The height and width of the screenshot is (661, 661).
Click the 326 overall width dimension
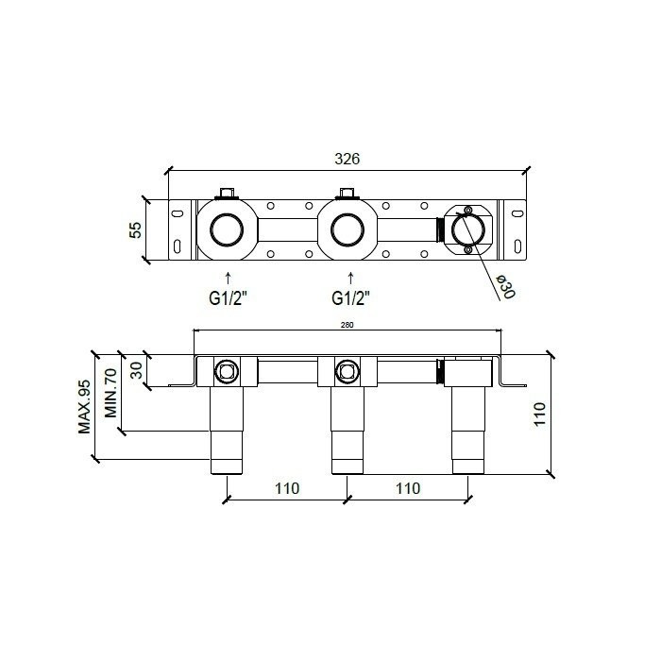pos(347,160)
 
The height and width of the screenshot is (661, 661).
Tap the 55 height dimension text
pos(135,229)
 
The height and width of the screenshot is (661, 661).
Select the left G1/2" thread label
pos(229,298)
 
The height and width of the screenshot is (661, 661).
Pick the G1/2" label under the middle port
pos(350,298)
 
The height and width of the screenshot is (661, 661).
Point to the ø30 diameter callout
pos(504,286)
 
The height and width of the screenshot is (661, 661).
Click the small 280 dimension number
pos(347,325)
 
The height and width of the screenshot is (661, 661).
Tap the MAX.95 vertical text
pos(85,406)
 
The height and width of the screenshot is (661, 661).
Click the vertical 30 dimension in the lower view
pos(137,370)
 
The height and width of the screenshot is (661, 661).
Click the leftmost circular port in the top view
pos(228,229)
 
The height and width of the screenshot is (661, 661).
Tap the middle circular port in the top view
pos(348,229)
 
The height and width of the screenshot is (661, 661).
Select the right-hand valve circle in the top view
pos(467,229)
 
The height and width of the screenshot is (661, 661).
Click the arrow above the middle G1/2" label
pos(350,278)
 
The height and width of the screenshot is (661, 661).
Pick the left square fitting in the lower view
pos(228,371)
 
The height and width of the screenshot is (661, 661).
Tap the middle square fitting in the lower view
pos(347,371)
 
